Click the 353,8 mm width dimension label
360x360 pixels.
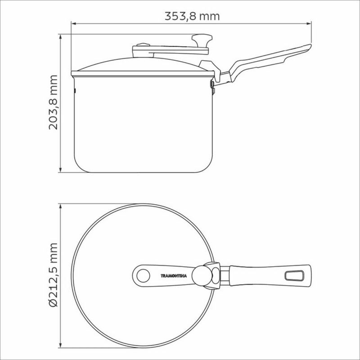tap(192, 16)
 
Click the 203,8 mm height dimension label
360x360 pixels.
tap(53, 103)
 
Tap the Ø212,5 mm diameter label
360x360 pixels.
tap(53, 275)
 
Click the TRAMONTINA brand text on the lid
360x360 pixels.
tap(174, 276)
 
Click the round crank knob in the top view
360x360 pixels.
tap(202, 276)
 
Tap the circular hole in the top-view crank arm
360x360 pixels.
tap(143, 276)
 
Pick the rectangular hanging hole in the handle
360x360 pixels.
tap(294, 276)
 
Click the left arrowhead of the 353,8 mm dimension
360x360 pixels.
tap(73, 23)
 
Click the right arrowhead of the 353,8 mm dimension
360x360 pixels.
tap(309, 23)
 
